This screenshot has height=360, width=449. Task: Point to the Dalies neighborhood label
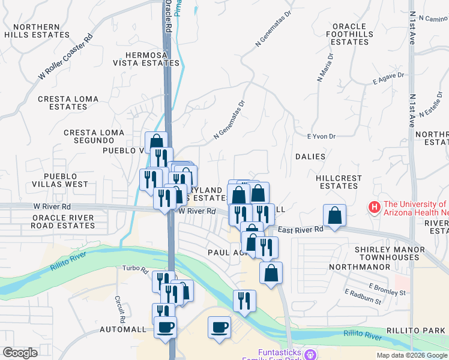click(310, 157)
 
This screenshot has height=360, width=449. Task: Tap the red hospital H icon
click(375, 208)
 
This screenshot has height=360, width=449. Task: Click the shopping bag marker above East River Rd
click(334, 216)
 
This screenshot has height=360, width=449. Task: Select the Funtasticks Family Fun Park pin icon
click(310, 354)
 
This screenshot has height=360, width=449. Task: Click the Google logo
click(20, 353)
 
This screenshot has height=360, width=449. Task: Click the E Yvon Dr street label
click(321, 137)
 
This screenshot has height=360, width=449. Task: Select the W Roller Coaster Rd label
click(65, 56)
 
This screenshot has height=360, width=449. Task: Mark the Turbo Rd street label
click(135, 268)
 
